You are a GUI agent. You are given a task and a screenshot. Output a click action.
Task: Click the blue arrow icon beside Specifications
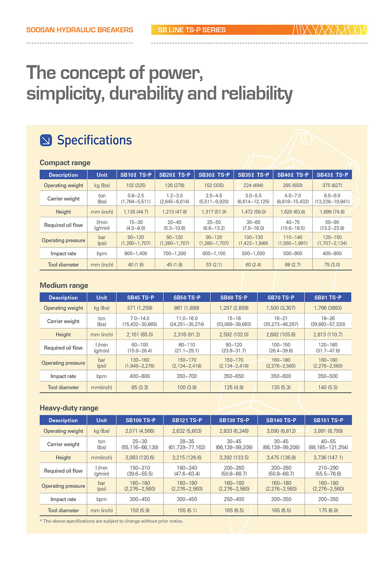tap(46, 140)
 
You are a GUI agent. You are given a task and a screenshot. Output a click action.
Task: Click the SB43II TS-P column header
tap(332, 175)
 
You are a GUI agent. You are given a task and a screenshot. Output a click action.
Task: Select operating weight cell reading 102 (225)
tap(136, 186)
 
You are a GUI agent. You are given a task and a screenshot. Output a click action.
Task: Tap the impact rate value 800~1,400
tap(136, 253)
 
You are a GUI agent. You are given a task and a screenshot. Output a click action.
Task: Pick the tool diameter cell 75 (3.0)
tap(332, 265)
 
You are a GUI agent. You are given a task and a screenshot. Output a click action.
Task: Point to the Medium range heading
tap(64, 285)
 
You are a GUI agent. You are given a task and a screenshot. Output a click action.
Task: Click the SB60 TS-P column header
tap(234, 297)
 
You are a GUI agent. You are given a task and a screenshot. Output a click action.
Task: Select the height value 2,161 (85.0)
tap(140, 334)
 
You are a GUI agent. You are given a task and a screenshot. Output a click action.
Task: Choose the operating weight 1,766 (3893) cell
tap(328, 308)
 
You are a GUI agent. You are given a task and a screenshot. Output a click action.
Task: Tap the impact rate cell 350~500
tap(328, 376)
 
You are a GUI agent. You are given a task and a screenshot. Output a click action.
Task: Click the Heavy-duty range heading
tap(69, 408)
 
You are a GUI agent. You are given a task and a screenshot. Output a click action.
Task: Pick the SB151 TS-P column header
tap(328, 420)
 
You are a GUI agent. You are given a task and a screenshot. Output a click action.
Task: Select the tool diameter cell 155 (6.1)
tap(187, 510)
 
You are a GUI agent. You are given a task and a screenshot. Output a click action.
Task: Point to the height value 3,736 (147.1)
tap(328, 457)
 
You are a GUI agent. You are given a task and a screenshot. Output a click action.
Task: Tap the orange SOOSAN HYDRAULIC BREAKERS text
tap(80, 30)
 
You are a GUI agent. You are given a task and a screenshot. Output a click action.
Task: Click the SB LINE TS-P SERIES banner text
tap(192, 30)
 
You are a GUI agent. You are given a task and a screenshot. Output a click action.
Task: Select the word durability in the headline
tap(146, 93)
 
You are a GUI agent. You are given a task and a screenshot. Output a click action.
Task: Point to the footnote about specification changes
tap(111, 521)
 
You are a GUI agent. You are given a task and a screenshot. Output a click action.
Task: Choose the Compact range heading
tap(65, 163)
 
